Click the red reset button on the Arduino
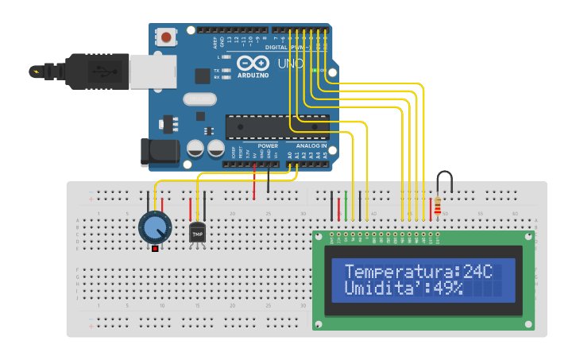point(167,37)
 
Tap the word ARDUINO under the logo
point(253,75)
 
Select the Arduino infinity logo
point(253,63)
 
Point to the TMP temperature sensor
point(197,234)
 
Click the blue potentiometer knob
point(155,227)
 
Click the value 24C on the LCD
point(477,272)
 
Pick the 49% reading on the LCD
point(447,288)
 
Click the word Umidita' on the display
point(384,288)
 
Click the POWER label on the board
point(268,146)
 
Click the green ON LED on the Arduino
point(315,70)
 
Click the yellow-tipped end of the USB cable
point(35,72)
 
